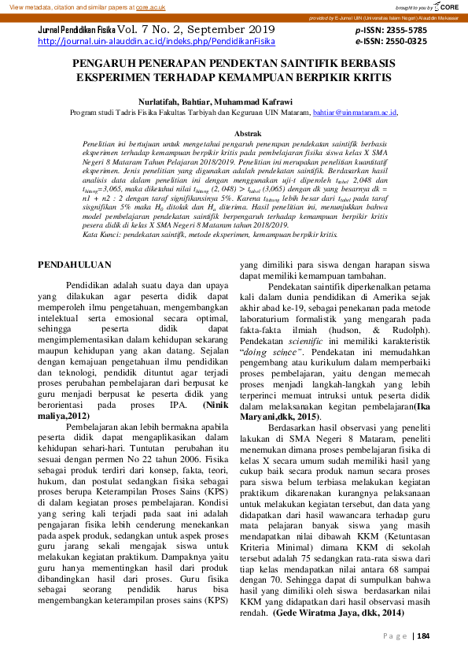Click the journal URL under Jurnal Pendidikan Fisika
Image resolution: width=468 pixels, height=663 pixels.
click(x=157, y=41)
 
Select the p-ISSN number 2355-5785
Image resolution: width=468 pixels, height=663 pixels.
click(x=405, y=28)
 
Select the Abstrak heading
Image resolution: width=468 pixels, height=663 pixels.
click(x=249, y=135)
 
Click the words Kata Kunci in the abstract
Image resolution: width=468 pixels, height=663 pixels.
click(x=100, y=235)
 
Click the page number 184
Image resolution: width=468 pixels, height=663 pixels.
click(x=423, y=636)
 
